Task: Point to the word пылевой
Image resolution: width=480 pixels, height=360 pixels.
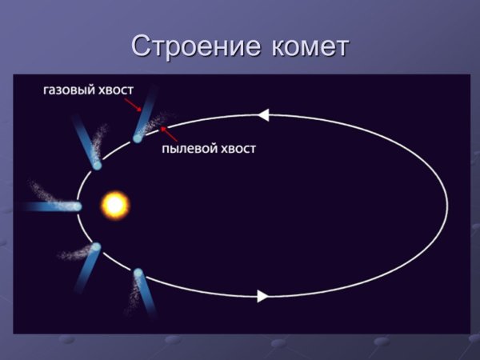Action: [190, 149]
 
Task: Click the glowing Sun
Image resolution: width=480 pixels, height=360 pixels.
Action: [114, 206]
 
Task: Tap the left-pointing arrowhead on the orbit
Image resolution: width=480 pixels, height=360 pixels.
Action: [263, 116]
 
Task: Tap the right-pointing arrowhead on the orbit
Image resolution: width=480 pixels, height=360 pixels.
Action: [262, 296]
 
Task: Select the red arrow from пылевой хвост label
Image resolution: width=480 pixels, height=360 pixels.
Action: [169, 133]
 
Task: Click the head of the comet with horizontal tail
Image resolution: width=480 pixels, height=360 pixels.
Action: [78, 206]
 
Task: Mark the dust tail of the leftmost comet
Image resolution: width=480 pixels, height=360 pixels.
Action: [46, 193]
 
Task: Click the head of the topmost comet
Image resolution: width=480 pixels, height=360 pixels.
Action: [138, 138]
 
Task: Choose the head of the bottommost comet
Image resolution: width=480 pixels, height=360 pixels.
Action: [138, 274]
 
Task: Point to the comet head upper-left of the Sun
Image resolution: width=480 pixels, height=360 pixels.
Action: [97, 166]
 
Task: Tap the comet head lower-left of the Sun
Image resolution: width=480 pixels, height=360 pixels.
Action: [96, 247]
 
